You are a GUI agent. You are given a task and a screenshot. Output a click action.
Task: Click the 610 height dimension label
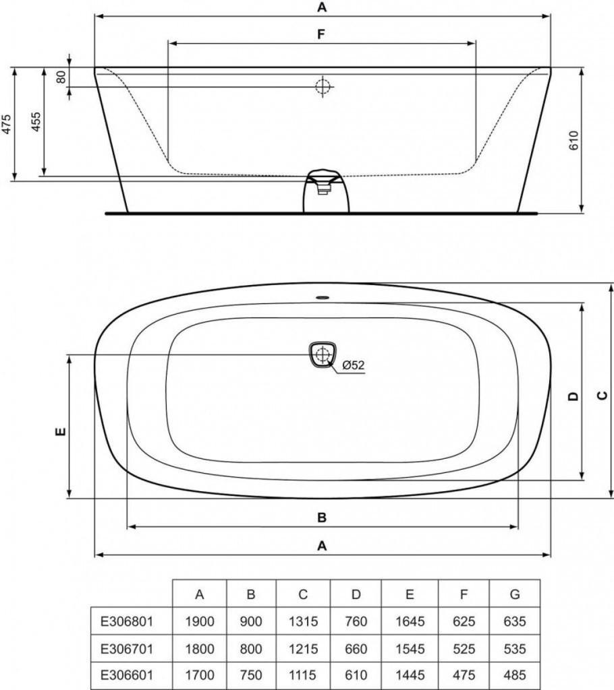click(x=574, y=139)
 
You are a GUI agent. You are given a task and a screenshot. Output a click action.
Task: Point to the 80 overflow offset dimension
click(x=61, y=76)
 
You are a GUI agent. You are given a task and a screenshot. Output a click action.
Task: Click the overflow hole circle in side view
click(x=323, y=86)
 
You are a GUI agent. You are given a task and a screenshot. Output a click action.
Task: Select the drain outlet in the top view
click(x=323, y=354)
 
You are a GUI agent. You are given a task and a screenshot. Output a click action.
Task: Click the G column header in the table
click(x=515, y=594)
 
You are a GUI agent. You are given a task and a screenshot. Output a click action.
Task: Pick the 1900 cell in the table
click(x=199, y=621)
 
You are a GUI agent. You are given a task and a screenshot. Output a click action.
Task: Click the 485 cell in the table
click(x=515, y=675)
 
